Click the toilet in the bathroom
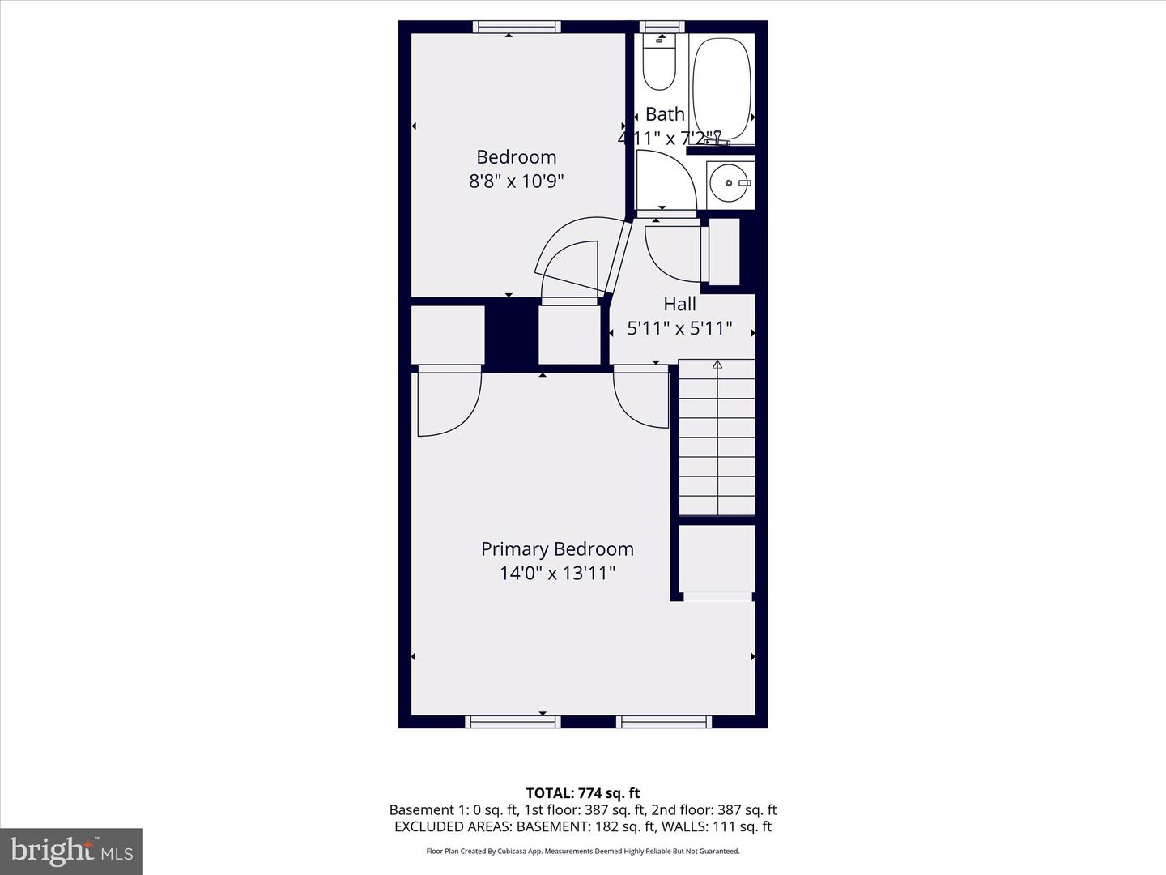coord(659,63)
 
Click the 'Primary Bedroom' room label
coord(557,549)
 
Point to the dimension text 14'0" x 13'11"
coord(557,574)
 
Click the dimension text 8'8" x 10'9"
coord(516,181)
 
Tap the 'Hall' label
coord(679,305)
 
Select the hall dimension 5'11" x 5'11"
coord(679,328)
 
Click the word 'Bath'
coord(665,114)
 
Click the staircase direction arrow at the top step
coord(717,365)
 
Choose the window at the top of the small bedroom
coord(517,27)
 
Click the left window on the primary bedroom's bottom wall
coord(513,721)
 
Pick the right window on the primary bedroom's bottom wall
coord(664,721)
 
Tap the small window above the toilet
coord(662,27)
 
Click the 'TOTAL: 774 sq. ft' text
coord(582,793)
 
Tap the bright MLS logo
coord(71,851)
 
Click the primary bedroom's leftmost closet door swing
coord(448,403)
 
